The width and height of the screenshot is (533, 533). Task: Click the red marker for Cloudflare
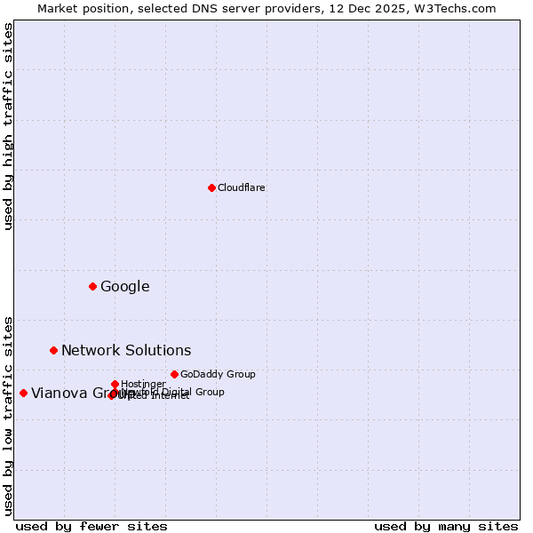click(x=211, y=187)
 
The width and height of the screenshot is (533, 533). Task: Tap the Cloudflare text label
click(x=241, y=187)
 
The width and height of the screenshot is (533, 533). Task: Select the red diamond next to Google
click(x=92, y=286)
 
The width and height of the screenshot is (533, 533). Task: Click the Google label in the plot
click(x=124, y=286)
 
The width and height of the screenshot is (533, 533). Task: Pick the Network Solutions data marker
click(x=53, y=350)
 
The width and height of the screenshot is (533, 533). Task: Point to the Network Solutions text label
click(x=126, y=350)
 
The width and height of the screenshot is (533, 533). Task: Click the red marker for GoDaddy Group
click(x=174, y=374)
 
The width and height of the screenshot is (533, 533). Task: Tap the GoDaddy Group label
click(x=218, y=374)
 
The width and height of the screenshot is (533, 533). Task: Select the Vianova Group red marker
click(x=23, y=393)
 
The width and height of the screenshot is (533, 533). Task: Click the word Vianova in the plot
click(x=59, y=393)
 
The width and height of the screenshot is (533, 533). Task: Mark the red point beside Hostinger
click(x=115, y=384)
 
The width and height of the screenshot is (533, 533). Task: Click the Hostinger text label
click(x=143, y=384)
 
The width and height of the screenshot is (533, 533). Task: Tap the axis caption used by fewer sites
click(x=91, y=526)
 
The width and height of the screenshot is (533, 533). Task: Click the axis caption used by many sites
click(x=446, y=526)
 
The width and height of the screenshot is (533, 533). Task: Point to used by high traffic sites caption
click(x=9, y=126)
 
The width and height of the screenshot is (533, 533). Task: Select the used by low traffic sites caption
click(x=9, y=415)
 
